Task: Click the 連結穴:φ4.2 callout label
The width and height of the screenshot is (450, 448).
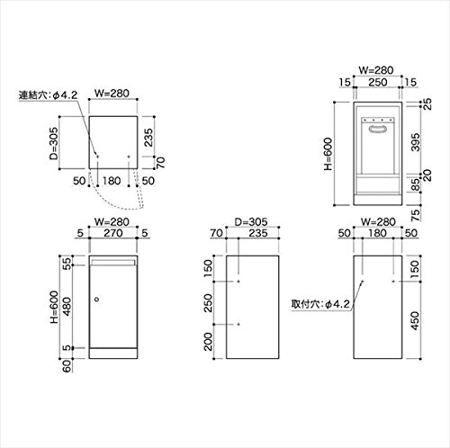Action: click(x=48, y=95)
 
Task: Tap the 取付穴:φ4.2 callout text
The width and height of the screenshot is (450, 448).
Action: click(x=320, y=304)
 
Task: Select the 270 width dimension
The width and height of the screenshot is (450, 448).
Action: click(x=113, y=233)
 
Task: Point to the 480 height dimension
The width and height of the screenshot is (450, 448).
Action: click(x=67, y=306)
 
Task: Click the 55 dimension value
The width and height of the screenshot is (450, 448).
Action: click(x=67, y=264)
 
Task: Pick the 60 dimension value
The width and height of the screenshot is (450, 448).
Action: click(x=67, y=365)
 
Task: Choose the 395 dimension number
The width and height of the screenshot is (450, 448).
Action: click(x=416, y=142)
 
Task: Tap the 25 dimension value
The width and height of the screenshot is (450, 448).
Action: click(x=427, y=104)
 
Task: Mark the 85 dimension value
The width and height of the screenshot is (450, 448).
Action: click(x=416, y=184)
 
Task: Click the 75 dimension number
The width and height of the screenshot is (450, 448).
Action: click(x=415, y=215)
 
